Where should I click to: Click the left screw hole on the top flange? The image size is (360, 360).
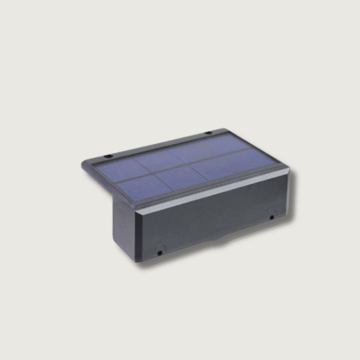click(x=109, y=157)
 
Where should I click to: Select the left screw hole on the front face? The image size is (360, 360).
click(x=160, y=253)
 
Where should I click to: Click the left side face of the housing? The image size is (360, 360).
click(x=123, y=222)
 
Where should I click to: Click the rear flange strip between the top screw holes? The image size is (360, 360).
click(x=159, y=145)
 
